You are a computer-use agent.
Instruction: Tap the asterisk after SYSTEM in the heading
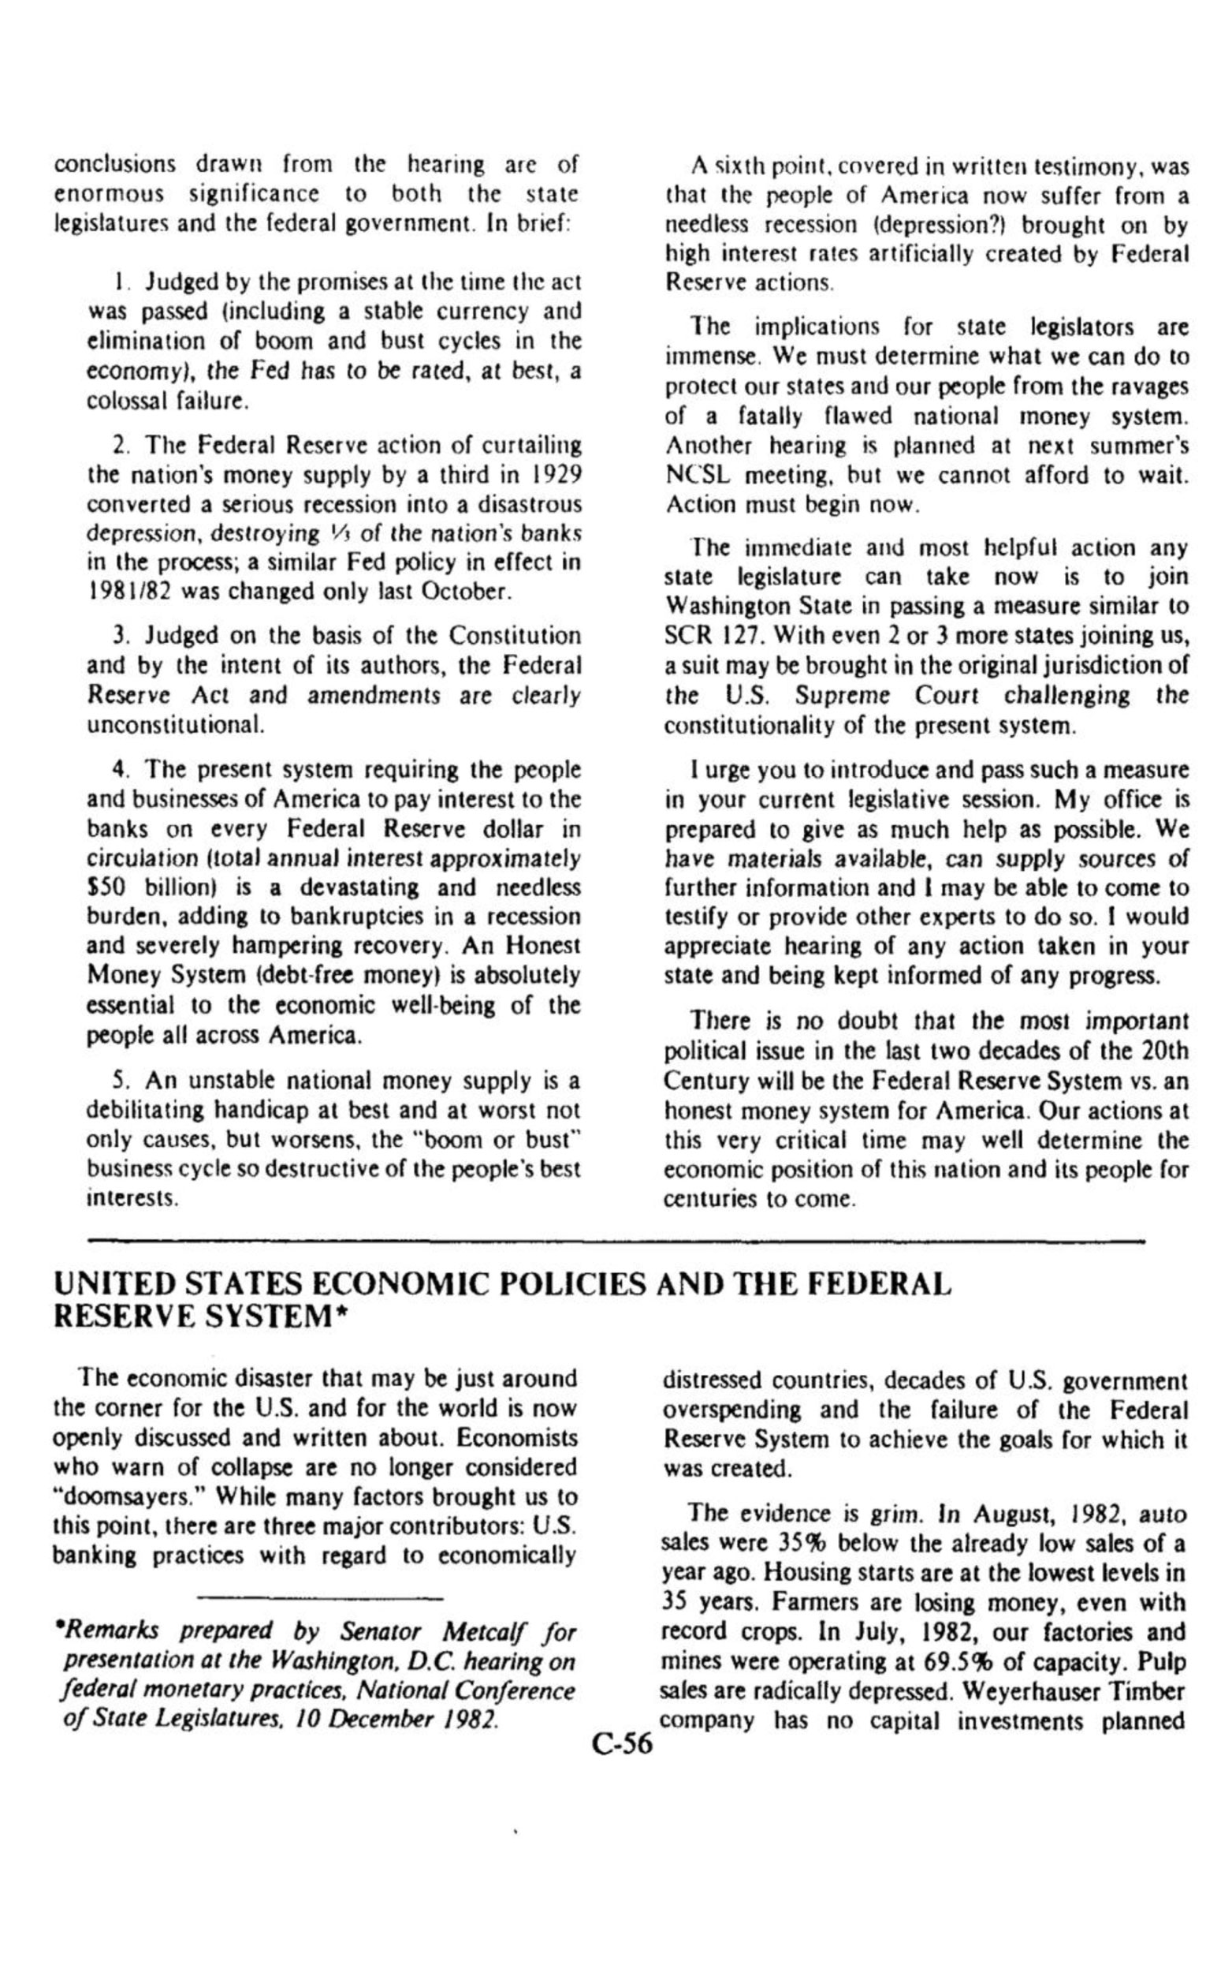coord(333,1319)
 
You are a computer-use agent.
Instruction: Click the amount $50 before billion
coord(111,887)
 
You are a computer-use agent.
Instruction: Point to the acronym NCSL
coord(696,476)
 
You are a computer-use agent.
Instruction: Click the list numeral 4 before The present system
coord(117,770)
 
